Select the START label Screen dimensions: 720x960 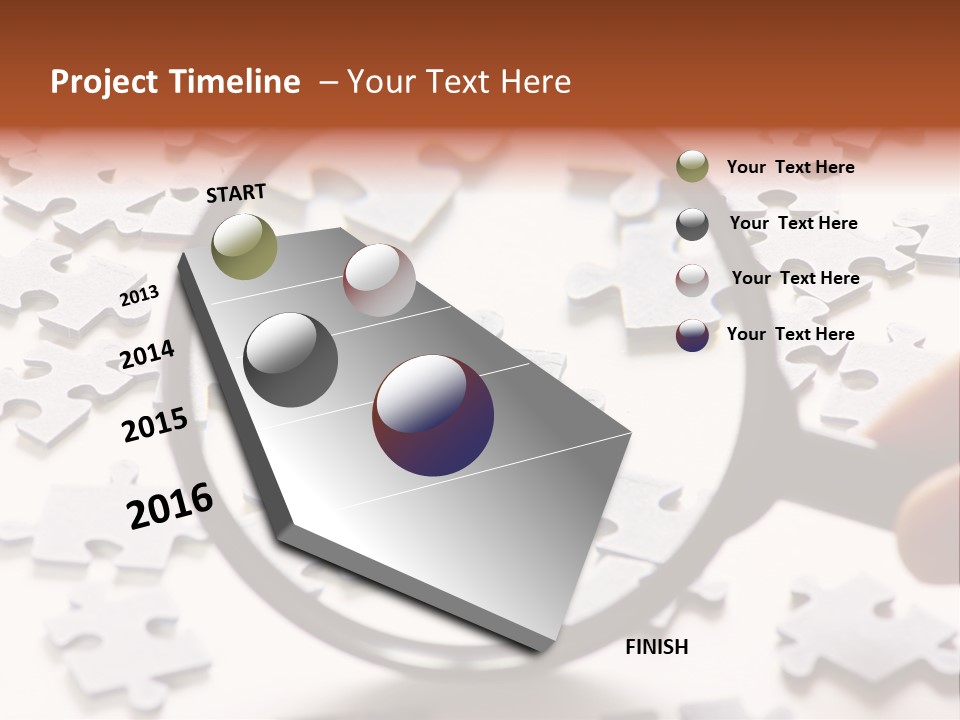(x=236, y=193)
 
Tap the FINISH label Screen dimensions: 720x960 (x=657, y=647)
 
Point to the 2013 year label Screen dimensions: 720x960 (x=139, y=296)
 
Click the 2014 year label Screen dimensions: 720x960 (x=147, y=354)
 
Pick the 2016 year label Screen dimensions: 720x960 (x=170, y=506)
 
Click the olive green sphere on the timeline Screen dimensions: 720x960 (x=244, y=246)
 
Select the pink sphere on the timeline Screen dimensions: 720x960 (x=379, y=280)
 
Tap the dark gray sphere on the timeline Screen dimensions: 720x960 (x=290, y=360)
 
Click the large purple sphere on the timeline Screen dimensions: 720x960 (x=433, y=415)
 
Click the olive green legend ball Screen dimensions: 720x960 (x=692, y=166)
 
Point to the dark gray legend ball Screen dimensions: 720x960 (x=692, y=224)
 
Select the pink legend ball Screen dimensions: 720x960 (x=692, y=280)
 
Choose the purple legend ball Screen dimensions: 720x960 (x=692, y=335)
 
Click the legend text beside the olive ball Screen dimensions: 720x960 (x=791, y=167)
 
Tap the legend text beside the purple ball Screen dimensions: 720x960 (x=791, y=334)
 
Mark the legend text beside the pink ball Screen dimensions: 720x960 (x=795, y=278)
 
